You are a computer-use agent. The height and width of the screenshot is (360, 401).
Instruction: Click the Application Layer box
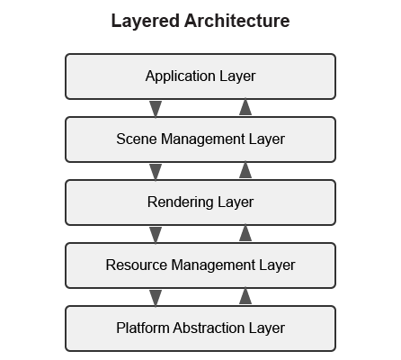click(200, 76)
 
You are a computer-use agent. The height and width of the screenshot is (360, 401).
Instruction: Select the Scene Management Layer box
click(200, 139)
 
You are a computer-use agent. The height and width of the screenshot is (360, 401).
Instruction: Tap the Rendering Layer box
click(200, 202)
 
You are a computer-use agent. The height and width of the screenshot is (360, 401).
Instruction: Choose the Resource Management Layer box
click(200, 265)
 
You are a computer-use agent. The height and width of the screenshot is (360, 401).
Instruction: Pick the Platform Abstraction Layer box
click(200, 328)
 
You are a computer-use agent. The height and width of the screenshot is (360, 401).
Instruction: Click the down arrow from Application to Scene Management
click(156, 108)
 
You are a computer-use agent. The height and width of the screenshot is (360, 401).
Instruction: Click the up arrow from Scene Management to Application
click(245, 108)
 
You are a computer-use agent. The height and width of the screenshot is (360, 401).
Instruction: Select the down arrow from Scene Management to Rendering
click(156, 171)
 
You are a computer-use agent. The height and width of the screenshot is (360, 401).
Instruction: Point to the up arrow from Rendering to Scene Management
click(245, 171)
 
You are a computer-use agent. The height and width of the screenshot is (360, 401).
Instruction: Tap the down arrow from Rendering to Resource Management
click(156, 234)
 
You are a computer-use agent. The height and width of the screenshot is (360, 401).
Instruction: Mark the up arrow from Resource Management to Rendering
click(245, 234)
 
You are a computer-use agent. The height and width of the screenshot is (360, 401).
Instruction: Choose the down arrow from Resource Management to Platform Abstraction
click(156, 297)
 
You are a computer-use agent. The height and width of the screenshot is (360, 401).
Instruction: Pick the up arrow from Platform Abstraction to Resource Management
click(245, 297)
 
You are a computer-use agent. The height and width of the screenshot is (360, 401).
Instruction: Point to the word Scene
click(134, 139)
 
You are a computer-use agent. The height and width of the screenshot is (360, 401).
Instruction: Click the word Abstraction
click(210, 328)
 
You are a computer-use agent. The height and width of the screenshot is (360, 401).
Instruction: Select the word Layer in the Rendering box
click(236, 202)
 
